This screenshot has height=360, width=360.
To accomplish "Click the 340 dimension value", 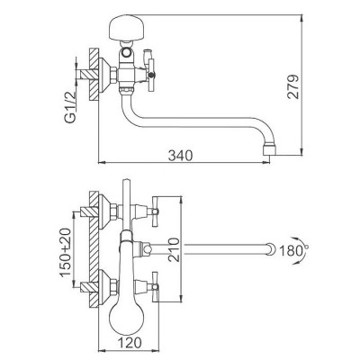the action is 180,156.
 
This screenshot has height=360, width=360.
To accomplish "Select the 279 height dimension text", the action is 292,86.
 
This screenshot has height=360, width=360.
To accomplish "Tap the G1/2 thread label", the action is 70,106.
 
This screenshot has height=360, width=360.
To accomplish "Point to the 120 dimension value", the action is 130,342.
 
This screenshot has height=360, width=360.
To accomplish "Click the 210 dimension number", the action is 174,249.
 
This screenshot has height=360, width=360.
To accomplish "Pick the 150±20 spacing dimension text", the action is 66,252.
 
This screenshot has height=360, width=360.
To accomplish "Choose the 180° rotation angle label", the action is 292,251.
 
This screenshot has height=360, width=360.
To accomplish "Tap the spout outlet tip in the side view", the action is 269,150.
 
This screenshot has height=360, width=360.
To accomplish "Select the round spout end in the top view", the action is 271,249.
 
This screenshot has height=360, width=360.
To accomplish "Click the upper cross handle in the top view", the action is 156,211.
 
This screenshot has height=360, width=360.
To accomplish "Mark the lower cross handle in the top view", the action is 156,286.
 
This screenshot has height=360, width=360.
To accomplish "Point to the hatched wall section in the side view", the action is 94,75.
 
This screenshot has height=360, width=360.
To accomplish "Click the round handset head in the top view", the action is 125,313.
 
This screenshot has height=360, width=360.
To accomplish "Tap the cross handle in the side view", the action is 151,74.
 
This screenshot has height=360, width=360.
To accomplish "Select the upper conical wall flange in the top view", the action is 104,211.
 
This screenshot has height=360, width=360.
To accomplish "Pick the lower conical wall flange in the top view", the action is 104,287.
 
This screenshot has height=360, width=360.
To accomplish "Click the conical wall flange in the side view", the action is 104,75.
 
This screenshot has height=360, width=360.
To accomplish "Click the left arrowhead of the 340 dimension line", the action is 102,163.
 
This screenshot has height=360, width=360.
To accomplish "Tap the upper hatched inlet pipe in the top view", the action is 89,211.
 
